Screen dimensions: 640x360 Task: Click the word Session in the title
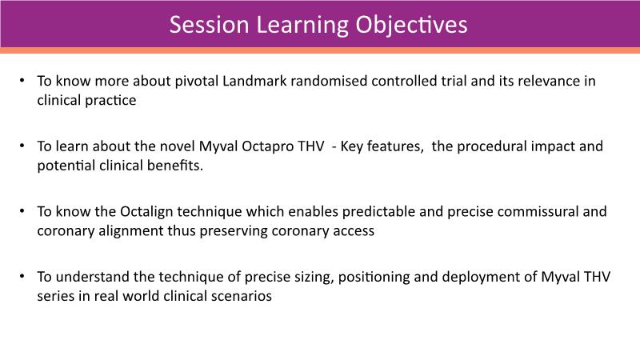(209, 25)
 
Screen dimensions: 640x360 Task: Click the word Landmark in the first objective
(254, 81)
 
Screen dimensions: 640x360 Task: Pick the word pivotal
(197, 82)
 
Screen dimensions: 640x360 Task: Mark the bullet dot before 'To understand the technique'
(22, 276)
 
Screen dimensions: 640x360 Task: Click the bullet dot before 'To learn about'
(22, 146)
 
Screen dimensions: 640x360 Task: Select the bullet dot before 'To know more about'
(22, 81)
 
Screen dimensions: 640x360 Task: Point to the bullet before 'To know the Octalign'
(22, 211)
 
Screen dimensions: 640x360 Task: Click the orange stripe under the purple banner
(320, 50)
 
